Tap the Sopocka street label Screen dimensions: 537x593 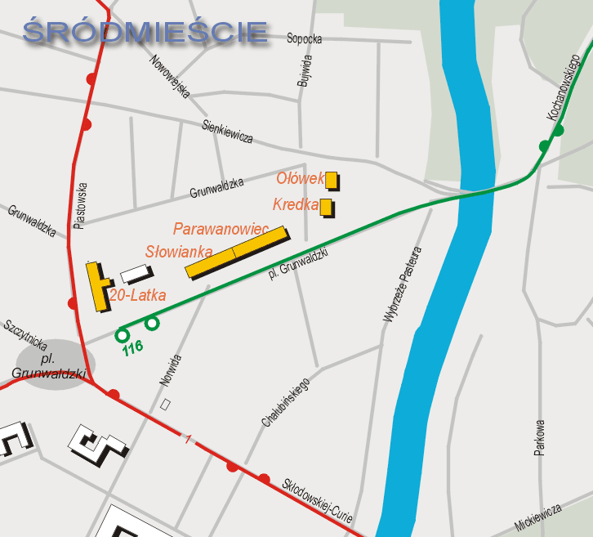305,38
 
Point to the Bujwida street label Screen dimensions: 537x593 305,71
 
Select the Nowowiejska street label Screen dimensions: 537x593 170,76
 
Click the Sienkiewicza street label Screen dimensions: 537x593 228,131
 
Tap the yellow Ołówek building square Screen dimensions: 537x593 332,180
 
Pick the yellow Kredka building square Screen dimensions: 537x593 326,207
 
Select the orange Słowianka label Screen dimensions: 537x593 179,252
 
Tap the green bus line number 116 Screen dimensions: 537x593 132,347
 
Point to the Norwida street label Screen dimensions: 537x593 171,371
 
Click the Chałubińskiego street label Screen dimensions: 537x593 286,402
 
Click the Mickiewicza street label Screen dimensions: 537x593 538,515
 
